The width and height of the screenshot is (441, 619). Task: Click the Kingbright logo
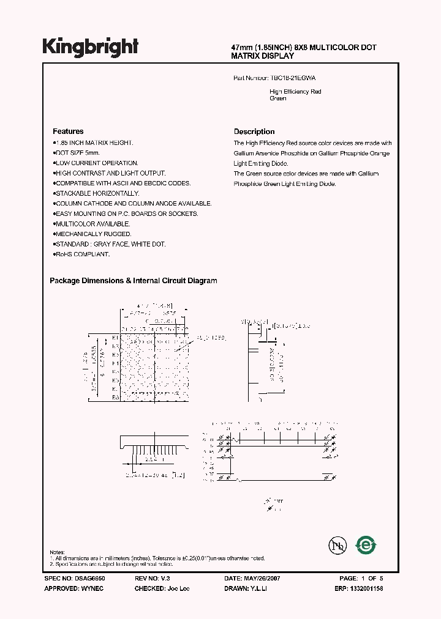91,47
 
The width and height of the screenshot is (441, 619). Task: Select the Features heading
68,132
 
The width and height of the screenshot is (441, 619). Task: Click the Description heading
254,132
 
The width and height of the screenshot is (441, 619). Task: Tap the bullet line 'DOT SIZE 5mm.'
77,152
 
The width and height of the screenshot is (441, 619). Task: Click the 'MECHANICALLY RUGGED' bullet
93,234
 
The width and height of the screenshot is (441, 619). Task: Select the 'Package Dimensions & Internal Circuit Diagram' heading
133,281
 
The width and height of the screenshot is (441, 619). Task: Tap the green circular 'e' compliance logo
366,544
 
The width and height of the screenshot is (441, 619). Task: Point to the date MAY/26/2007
263,578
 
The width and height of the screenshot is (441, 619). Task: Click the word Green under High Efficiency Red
278,98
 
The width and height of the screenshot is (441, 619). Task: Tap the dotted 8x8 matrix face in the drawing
154,368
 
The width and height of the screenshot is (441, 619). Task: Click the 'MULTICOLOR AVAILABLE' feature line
92,224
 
